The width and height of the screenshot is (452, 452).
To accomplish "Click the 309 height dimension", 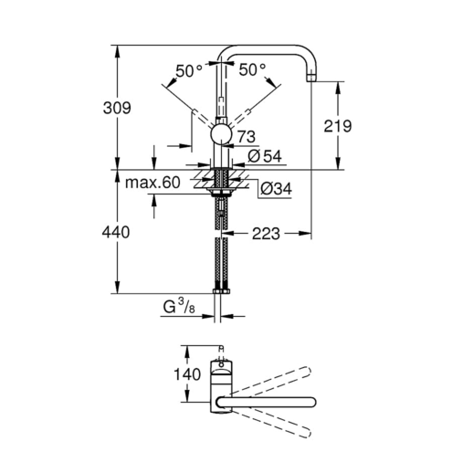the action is point(117,108).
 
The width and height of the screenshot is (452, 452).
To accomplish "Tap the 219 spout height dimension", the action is point(337,126).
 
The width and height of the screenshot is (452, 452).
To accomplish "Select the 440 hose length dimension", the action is point(116,233).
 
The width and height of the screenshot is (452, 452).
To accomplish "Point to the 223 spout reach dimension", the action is point(266,234).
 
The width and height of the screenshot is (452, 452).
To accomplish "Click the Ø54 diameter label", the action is point(265,156).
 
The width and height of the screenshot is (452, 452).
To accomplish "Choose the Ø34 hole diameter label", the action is point(276,189).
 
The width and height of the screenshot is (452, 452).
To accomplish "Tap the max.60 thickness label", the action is point(152,183).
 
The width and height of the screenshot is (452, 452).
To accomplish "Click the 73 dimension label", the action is point(247,137).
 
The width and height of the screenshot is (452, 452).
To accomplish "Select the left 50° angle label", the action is point(189,71).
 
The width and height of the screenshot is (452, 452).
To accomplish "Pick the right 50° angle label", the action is point(252,70).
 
